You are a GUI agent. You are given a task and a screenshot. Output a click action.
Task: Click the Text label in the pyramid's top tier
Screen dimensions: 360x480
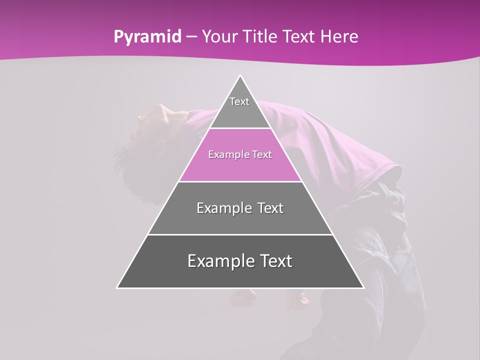(239, 101)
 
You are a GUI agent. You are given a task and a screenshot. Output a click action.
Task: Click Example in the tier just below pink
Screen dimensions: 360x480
(222, 208)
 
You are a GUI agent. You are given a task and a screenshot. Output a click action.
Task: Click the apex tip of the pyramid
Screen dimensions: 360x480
(240, 76)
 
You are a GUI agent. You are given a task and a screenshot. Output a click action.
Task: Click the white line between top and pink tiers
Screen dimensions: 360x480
(240, 128)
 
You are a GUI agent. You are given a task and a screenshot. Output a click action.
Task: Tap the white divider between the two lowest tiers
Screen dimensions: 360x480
(240, 234)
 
